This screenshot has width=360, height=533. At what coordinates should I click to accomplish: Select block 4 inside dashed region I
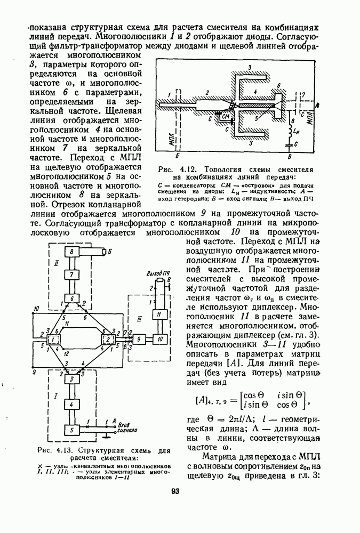[x=70, y=405]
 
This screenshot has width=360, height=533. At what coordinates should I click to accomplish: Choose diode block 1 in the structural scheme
[x=53, y=339]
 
